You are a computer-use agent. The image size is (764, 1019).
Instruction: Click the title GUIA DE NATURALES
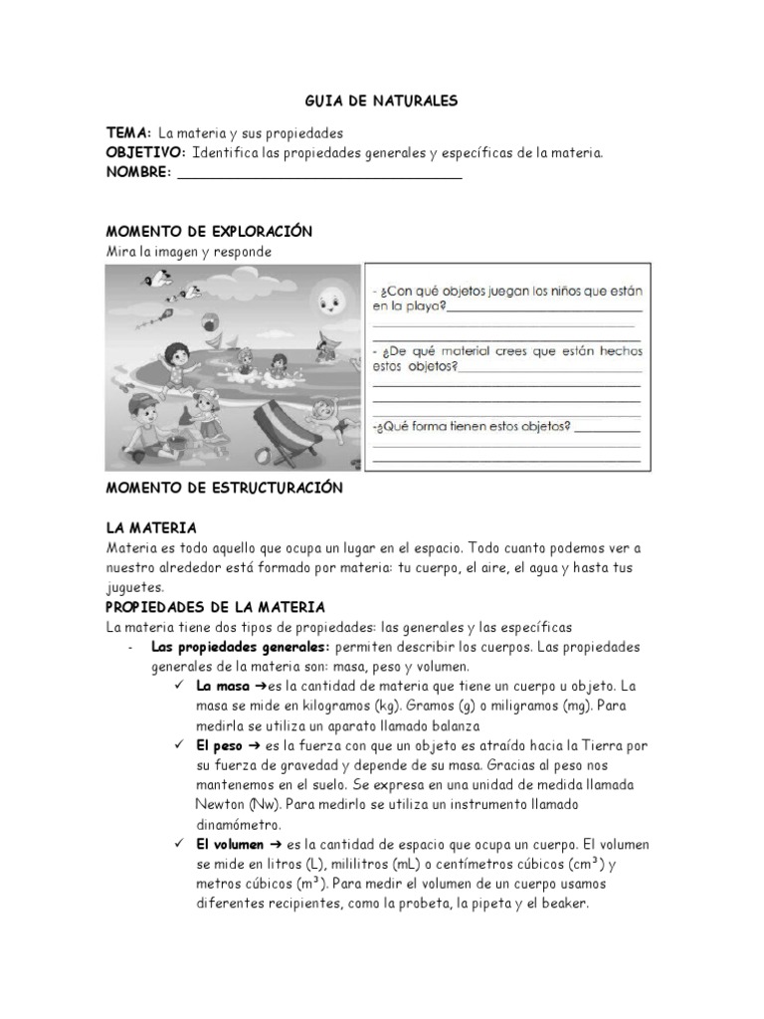point(381,101)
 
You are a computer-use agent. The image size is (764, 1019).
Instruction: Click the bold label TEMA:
point(129,132)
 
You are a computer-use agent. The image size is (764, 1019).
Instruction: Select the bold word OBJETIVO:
point(146,152)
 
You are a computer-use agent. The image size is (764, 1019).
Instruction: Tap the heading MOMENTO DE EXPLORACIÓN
point(209,232)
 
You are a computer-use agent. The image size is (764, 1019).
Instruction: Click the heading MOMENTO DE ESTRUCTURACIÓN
point(224,489)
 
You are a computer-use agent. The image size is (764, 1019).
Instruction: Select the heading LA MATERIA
point(151,527)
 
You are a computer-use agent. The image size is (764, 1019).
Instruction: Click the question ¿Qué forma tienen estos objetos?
point(472,427)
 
